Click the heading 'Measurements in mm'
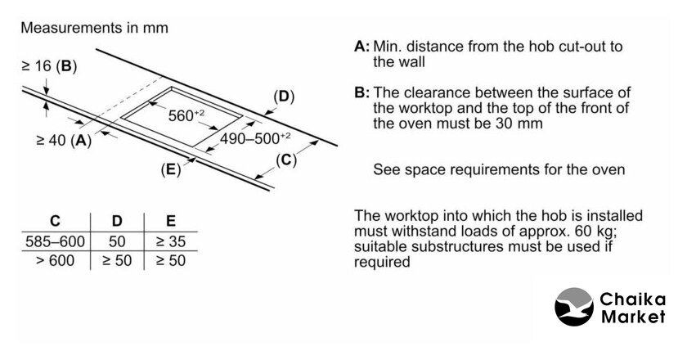(x=94, y=28)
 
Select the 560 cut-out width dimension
(x=186, y=115)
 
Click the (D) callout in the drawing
(x=283, y=97)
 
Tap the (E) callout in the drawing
(x=171, y=170)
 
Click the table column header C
(x=55, y=221)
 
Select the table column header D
(x=116, y=221)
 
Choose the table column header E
(x=170, y=221)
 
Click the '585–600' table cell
(x=55, y=242)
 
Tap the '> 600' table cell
(x=55, y=261)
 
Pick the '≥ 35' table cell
(x=170, y=242)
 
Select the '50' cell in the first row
(x=116, y=242)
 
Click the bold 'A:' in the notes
(x=362, y=47)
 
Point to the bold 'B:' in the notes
(x=362, y=93)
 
